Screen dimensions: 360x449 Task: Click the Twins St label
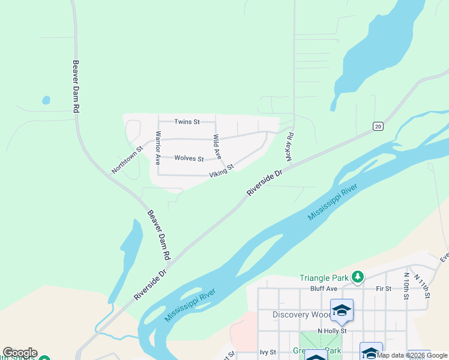187,122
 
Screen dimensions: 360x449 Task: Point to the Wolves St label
189,158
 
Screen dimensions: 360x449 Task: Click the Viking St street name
221,170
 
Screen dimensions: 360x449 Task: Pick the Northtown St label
127,160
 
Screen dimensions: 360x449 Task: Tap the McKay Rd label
289,146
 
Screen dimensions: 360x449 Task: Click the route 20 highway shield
377,126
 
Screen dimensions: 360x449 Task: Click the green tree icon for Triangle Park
358,277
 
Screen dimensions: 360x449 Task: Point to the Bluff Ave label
324,289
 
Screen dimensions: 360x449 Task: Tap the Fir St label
383,289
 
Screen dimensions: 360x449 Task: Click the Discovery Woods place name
300,314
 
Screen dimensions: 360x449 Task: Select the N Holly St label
332,331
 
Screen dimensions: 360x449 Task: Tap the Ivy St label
268,352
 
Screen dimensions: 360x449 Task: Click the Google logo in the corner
20,353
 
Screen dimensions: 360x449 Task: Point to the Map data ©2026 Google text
412,355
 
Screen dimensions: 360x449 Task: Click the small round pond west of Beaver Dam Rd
46,100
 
